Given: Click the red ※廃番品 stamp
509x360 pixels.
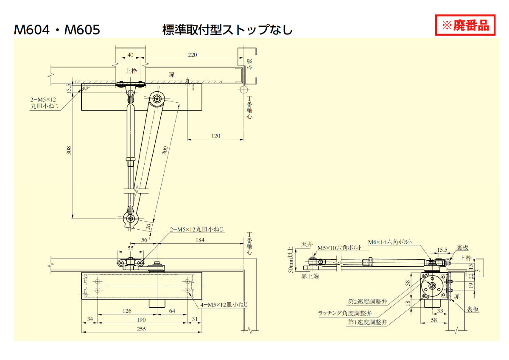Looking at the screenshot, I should click(465, 25).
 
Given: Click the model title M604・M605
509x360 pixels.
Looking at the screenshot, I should click(57, 30).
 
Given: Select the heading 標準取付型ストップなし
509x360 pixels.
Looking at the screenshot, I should click(227, 30).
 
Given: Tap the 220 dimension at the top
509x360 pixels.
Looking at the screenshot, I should click(193, 55).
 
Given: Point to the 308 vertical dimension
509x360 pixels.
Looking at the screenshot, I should click(69, 150).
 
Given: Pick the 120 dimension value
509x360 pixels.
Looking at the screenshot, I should click(215, 136).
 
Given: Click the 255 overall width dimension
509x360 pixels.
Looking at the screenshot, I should click(141, 329).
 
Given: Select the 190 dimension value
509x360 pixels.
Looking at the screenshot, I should click(141, 320).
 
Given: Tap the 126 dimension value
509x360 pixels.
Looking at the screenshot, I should click(127, 311).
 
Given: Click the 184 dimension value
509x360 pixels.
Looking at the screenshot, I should click(200, 240).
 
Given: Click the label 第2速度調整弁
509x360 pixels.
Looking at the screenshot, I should click(367, 301).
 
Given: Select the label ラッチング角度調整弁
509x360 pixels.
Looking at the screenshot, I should click(345, 313).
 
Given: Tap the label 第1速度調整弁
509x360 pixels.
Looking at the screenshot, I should click(367, 322).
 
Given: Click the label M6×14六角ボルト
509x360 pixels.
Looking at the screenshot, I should click(390, 242).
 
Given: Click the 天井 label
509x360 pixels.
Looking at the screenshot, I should click(307, 244).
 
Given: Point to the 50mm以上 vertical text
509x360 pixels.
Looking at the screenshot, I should click(291, 259).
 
